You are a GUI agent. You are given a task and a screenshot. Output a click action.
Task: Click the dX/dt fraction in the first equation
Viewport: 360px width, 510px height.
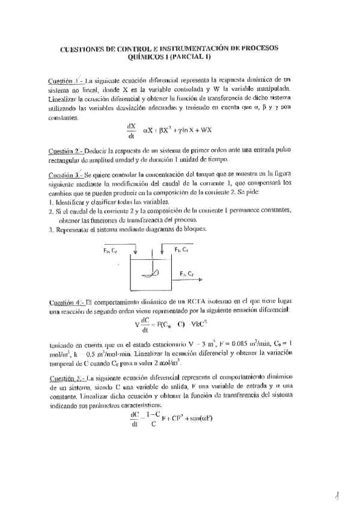(x=132, y=129)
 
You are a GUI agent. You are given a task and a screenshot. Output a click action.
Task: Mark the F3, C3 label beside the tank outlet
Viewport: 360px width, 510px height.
(x=186, y=274)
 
